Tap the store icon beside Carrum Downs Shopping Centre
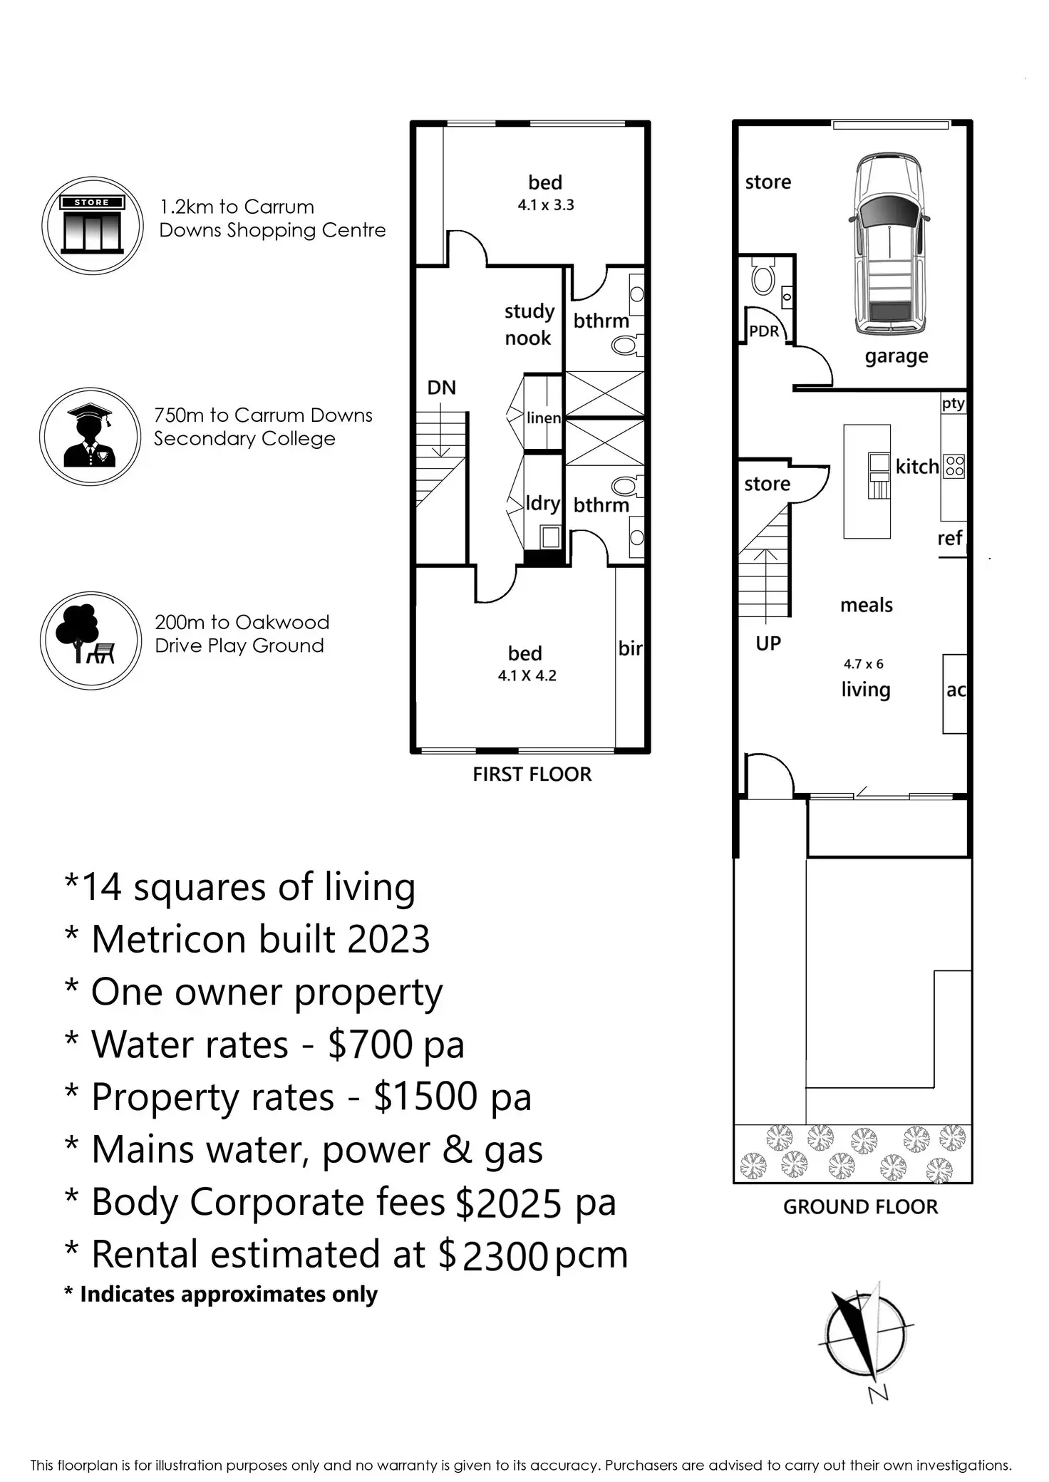[x=93, y=225]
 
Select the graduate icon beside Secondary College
[x=90, y=436]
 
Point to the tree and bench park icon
[x=91, y=640]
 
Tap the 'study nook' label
[x=529, y=324]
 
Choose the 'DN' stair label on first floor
[x=441, y=388]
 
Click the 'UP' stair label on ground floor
[x=768, y=643]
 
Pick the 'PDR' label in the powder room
[x=764, y=331]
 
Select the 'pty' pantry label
[x=953, y=403]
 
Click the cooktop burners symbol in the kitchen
[x=954, y=466]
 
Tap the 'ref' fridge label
[x=950, y=538]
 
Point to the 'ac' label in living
[x=956, y=690]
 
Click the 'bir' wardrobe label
[x=630, y=648]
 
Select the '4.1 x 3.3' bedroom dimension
[x=546, y=205]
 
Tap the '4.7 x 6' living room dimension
[x=864, y=664]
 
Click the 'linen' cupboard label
[x=544, y=418]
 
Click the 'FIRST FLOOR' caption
[x=532, y=774]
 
